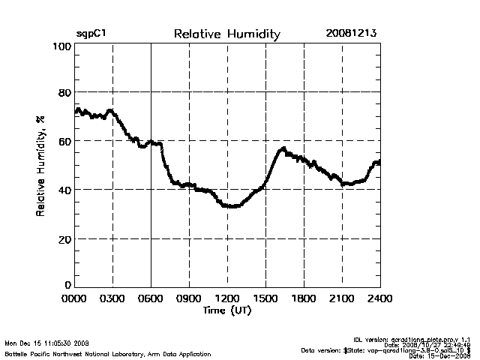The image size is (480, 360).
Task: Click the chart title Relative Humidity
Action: pos(226,34)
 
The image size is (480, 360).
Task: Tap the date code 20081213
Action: pos(352,34)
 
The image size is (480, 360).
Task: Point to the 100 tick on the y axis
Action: pos(62,46)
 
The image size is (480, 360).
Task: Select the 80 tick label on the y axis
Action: pos(65,93)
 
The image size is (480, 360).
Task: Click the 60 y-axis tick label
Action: pos(65,141)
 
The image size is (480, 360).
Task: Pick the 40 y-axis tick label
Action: pos(65,190)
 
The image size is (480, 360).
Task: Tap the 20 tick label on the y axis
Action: pos(65,238)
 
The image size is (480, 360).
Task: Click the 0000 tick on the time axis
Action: pos(75,298)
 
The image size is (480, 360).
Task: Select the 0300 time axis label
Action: pos(112,298)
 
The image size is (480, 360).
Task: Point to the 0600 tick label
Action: pos(151,298)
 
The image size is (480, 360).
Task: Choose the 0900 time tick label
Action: pos(189,298)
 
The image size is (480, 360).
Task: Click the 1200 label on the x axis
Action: pos(227,298)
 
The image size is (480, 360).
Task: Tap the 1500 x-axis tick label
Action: pos(265,298)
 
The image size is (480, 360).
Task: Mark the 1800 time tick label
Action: pos(304,298)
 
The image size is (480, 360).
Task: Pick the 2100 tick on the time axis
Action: pos(342,298)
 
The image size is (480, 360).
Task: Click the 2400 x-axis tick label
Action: pos(379,298)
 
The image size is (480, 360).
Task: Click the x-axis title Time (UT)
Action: pos(226,310)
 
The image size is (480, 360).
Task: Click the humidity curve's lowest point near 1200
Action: pos(232,206)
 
